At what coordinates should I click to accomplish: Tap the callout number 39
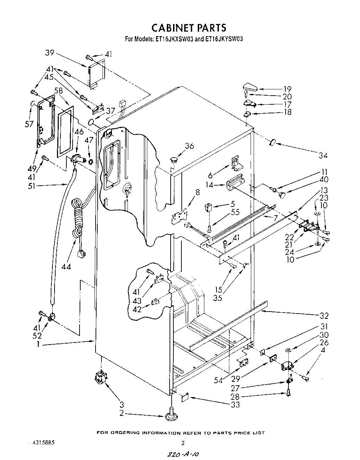tap(50, 53)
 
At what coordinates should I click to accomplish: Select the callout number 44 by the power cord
tap(66, 266)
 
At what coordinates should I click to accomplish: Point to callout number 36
tap(189, 146)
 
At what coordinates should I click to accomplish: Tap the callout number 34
tap(323, 155)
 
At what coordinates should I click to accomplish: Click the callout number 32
tap(324, 316)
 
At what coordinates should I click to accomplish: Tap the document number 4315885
tap(41, 443)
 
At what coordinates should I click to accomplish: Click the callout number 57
tap(29, 124)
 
